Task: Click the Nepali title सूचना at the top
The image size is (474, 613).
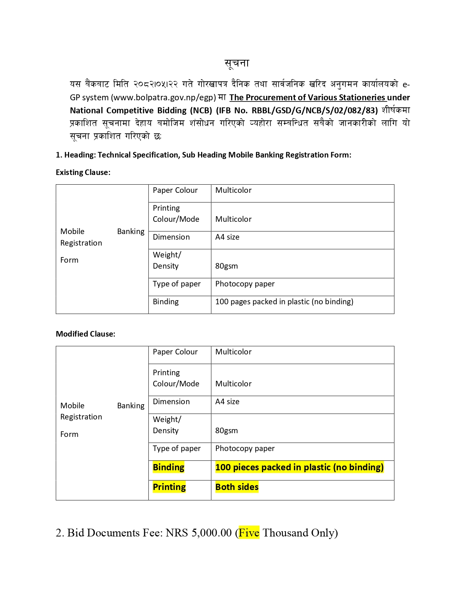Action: click(x=237, y=64)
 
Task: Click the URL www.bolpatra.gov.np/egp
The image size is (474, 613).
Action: click(x=163, y=98)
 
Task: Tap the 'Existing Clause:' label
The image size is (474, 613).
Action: click(x=83, y=172)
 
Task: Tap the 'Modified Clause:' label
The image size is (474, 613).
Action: click(x=86, y=334)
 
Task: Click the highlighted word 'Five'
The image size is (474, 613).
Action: click(x=249, y=533)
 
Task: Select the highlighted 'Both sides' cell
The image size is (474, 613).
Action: click(x=237, y=487)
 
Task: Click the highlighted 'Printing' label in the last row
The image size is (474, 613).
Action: click(x=169, y=487)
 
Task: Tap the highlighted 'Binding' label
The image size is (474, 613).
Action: click(x=168, y=467)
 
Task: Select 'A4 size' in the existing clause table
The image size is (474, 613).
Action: click(x=227, y=237)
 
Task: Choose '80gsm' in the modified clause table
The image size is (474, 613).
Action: click(x=226, y=431)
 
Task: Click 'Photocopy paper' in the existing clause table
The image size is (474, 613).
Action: click(x=245, y=284)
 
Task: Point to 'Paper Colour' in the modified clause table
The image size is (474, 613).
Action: click(x=175, y=352)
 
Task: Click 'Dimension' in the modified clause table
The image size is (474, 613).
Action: click(x=171, y=402)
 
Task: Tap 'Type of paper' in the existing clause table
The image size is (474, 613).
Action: click(x=177, y=284)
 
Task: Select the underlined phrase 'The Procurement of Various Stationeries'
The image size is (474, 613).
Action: click(x=307, y=98)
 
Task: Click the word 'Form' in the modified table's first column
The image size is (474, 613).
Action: click(x=69, y=434)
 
